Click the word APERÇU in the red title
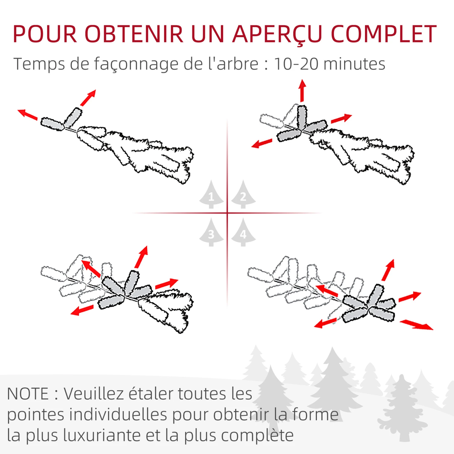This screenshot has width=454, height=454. click(x=277, y=34)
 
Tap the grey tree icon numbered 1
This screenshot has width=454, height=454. click(x=211, y=195)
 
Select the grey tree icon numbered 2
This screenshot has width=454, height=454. click(x=243, y=195)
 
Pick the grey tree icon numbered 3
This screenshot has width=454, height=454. click(x=211, y=233)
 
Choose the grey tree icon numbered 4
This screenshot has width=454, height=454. click(x=243, y=233)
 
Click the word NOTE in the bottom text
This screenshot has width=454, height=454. click(x=28, y=394)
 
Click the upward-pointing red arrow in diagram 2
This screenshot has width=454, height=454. click(x=302, y=90)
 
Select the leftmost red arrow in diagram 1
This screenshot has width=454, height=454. click(x=28, y=115)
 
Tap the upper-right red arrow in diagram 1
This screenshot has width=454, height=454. click(x=88, y=97)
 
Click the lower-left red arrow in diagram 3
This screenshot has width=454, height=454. click(x=82, y=310)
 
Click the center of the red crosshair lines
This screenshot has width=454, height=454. click(x=227, y=213)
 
